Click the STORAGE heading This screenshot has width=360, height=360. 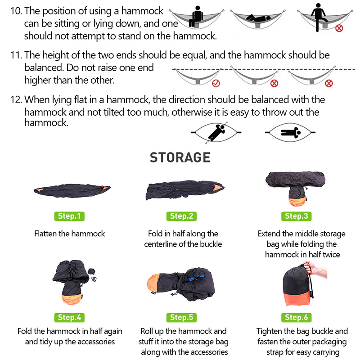180,157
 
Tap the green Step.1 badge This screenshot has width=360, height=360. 69,216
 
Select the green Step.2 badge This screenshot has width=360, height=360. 181,216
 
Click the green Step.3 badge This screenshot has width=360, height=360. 297,216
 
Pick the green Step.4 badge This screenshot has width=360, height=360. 69,318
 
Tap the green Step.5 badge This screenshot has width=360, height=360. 181,318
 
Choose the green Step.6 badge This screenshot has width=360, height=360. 297,318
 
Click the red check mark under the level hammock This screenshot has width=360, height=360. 216,83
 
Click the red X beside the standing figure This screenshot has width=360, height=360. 339,28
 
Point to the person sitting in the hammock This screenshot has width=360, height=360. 196,17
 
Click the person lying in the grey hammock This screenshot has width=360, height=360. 258,18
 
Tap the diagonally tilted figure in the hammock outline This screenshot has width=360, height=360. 216,132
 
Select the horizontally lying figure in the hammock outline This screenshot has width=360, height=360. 291,132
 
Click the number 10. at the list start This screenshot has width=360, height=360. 16,11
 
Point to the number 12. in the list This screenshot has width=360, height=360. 16,99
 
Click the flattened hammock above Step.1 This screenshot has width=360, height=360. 72,190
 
